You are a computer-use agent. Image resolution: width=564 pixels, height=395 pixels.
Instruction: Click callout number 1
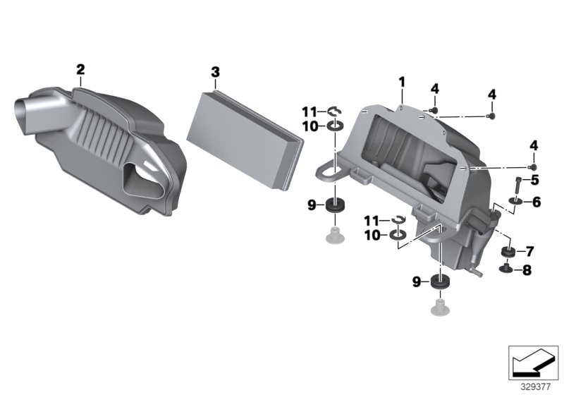[x=402, y=83]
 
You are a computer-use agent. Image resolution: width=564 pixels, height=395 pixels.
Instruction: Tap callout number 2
[x=80, y=69]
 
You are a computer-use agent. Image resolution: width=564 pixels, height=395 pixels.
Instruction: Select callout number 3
[x=215, y=72]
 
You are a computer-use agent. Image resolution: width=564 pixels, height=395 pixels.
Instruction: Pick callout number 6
[x=536, y=202]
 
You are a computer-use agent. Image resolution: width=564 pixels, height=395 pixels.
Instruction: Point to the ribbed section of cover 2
[x=106, y=134]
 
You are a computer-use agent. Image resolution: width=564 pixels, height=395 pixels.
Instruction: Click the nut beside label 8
[x=506, y=268]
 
